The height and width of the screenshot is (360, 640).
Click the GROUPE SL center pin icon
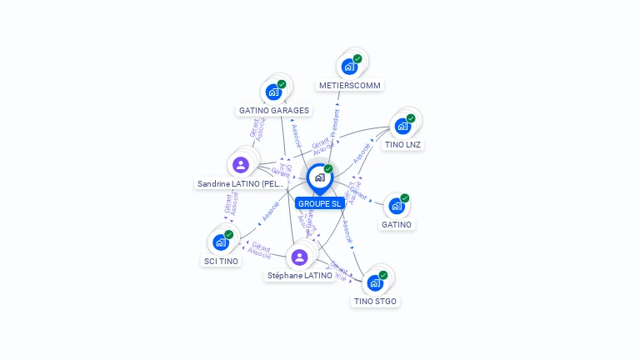318,177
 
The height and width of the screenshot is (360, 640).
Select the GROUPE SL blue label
319,203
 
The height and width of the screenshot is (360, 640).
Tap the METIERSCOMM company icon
349,66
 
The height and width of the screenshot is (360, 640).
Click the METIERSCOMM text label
350,85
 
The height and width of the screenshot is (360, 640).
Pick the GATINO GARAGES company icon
273,92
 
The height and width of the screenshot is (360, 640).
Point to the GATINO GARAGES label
274,110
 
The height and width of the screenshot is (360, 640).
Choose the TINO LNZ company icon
403,126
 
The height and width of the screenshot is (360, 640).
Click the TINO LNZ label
403,144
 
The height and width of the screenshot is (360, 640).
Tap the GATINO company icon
397,206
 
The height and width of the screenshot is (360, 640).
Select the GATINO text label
397,224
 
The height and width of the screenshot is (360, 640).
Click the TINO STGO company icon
375,282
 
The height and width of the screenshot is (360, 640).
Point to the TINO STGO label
375,301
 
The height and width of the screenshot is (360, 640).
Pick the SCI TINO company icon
221,242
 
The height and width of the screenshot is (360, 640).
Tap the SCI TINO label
221,261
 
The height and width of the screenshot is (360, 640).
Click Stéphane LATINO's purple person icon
300,257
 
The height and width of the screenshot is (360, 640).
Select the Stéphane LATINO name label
300,275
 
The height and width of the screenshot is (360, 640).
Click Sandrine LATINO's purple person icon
241,164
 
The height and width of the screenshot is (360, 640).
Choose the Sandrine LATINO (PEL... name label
241,183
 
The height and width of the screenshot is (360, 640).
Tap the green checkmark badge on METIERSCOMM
357,58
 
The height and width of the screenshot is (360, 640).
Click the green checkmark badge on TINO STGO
383,275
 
